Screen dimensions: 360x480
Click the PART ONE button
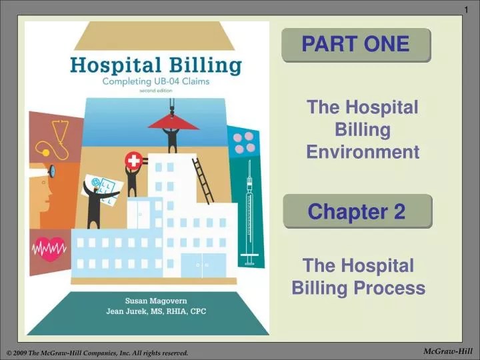[356, 45]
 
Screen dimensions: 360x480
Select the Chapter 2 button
[357, 212]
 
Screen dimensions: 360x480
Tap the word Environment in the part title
[363, 152]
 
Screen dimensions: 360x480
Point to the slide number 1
[466, 7]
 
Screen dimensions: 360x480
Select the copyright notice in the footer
[97, 352]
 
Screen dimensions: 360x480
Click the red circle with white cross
[133, 160]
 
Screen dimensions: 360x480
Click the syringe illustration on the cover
[250, 213]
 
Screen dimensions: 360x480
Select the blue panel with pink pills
[243, 142]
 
